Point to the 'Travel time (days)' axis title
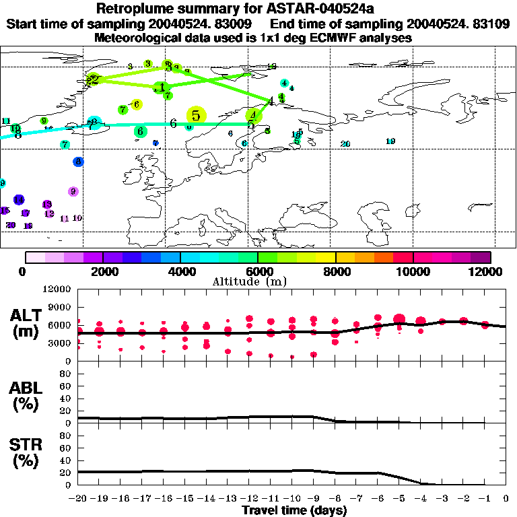click(x=295, y=511)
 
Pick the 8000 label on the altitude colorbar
click(x=335, y=271)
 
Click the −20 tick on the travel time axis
click(x=78, y=499)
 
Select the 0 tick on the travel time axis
click(x=506, y=499)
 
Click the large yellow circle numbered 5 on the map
click(x=196, y=116)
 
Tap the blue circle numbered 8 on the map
click(x=78, y=162)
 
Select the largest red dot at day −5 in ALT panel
click(x=399, y=319)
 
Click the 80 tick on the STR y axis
click(x=66, y=436)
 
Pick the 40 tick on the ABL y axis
click(x=66, y=399)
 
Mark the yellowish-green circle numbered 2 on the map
click(x=94, y=79)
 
